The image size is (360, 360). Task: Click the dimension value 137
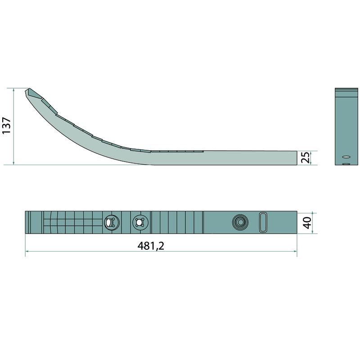(6, 126)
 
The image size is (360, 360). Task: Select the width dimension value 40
(307, 223)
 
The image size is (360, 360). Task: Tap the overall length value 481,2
(151, 246)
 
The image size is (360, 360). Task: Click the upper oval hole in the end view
(346, 157)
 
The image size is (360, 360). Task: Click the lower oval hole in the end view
(346, 164)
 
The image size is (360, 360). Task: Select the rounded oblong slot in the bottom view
(263, 222)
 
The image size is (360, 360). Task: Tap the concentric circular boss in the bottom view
(240, 222)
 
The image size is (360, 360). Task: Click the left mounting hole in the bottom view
(111, 222)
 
